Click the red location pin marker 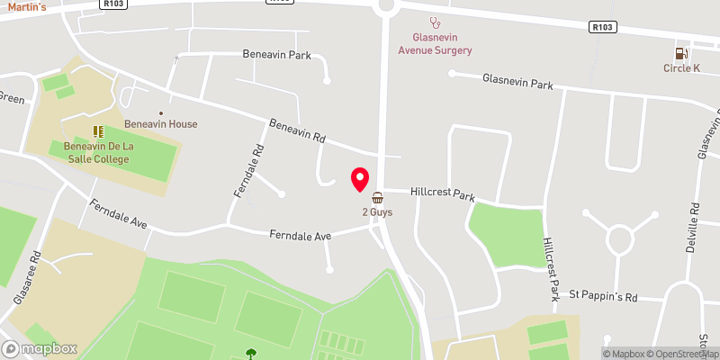tap(360, 179)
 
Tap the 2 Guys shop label tap(377, 212)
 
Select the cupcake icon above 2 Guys tap(377, 196)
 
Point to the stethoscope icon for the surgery tap(436, 22)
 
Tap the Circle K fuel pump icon tap(680, 51)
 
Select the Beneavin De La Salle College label tap(96, 152)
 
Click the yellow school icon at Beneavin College tap(97, 131)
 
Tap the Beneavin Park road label tap(276, 55)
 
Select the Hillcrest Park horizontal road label tap(442, 193)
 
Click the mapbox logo tap(40, 348)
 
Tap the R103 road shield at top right tap(604, 28)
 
